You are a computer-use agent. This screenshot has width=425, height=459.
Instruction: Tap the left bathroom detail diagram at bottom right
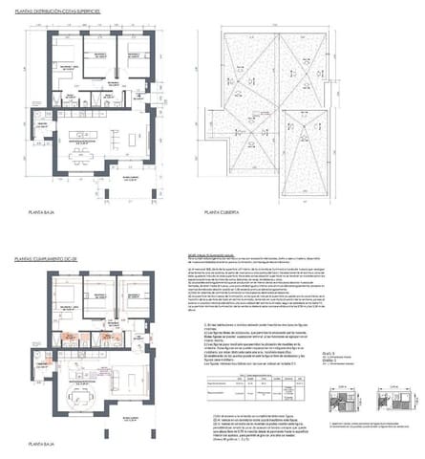[345, 403]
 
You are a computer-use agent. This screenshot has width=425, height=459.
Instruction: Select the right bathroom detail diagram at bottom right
[396, 403]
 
